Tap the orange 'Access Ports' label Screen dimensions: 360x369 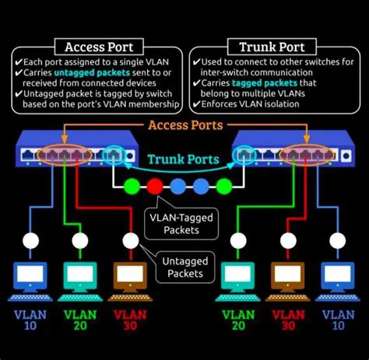tap(184, 125)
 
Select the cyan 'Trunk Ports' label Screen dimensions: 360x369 tap(184, 160)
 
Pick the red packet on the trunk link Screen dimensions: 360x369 tap(155, 187)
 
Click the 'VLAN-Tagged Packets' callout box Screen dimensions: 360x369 tap(183, 223)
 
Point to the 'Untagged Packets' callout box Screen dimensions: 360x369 tap(184, 267)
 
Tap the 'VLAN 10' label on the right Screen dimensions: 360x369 tap(338, 321)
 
